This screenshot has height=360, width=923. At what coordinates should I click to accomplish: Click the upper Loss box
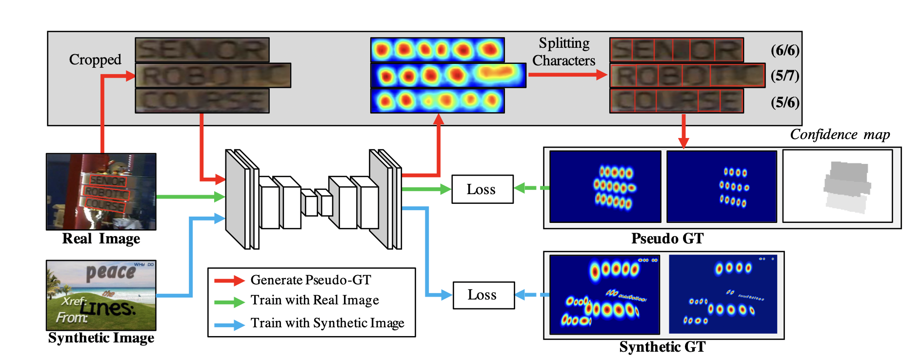point(482,189)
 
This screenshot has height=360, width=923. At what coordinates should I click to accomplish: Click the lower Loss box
point(483,295)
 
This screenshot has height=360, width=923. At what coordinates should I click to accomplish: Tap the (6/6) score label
point(785,50)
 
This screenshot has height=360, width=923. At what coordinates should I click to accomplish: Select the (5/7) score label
point(785,76)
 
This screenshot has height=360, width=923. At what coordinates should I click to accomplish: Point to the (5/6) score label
point(785,102)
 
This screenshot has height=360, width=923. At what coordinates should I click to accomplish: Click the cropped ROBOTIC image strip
point(213,76)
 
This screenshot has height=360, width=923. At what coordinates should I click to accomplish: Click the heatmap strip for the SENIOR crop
point(437,50)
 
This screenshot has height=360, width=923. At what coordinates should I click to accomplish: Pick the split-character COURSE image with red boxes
point(676,101)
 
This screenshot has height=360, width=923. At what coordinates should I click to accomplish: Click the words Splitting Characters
point(564,52)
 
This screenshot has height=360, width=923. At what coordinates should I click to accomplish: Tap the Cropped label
point(95,60)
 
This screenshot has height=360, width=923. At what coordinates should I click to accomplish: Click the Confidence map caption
point(840,135)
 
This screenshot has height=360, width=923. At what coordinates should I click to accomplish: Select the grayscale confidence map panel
point(837,186)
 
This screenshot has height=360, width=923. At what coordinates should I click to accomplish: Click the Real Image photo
point(101,192)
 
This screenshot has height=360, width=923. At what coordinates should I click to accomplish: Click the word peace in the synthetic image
point(110,272)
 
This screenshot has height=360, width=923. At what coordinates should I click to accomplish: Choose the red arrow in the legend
point(229,280)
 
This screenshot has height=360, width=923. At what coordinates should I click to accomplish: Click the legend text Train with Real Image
point(315,300)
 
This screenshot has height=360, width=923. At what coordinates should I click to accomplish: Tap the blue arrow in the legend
point(229,325)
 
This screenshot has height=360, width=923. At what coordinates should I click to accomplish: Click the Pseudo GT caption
point(667,239)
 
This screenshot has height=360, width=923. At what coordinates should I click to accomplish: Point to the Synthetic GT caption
point(662,347)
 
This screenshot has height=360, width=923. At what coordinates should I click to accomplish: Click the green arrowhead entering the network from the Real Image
point(220,197)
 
